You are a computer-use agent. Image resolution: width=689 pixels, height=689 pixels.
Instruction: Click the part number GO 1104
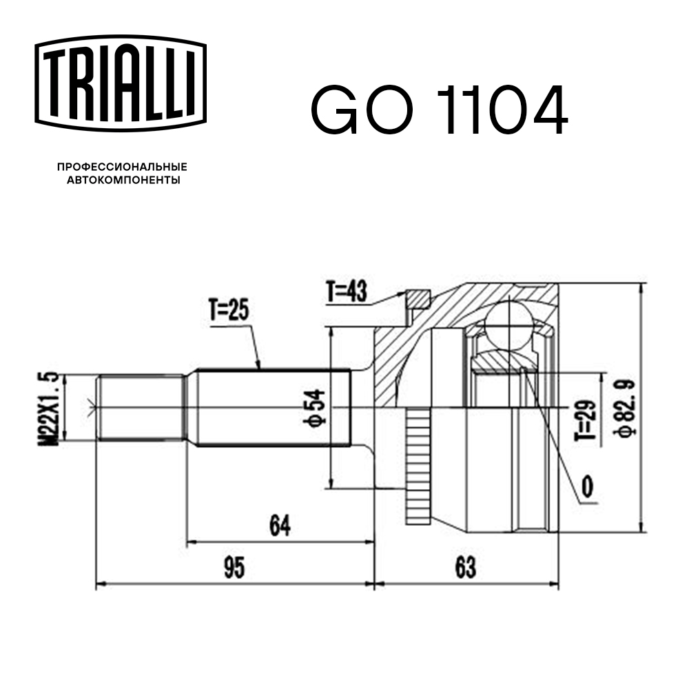pos(440,111)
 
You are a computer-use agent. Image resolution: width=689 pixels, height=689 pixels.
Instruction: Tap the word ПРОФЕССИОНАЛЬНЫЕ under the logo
pos(123,167)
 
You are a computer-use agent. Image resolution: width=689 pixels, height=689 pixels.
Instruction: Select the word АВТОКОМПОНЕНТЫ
pos(123,181)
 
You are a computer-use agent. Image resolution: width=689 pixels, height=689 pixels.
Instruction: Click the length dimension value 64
pos(280,525)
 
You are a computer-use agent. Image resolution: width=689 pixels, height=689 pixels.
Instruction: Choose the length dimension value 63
pos(465,568)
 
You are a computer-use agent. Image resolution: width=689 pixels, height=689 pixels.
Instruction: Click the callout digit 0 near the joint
pos(587,486)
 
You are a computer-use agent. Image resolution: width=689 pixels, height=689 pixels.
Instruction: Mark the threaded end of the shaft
pos(141,407)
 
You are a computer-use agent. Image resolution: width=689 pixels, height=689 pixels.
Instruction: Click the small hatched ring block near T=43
pos(417,299)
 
